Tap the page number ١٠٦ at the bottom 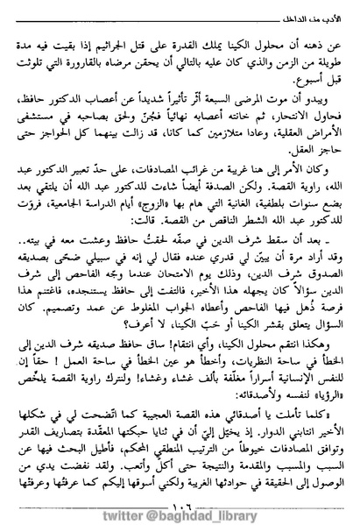(180, 484)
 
